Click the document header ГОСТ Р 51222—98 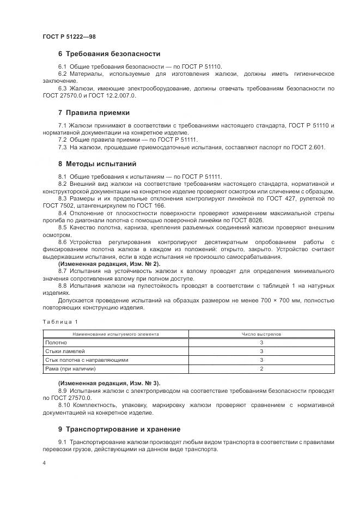pyautogui.click(x=69, y=37)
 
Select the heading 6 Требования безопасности pyautogui.click(x=109, y=54)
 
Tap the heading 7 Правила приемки pyautogui.click(x=94, y=113)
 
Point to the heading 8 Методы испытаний pyautogui.click(x=97, y=164)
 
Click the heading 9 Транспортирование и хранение pyautogui.click(x=119, y=429)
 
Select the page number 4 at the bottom pyautogui.click(x=44, y=463)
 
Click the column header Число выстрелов pyautogui.click(x=261, y=333)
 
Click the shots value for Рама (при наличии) pyautogui.click(x=261, y=369)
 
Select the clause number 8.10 pyautogui.click(x=66, y=405)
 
